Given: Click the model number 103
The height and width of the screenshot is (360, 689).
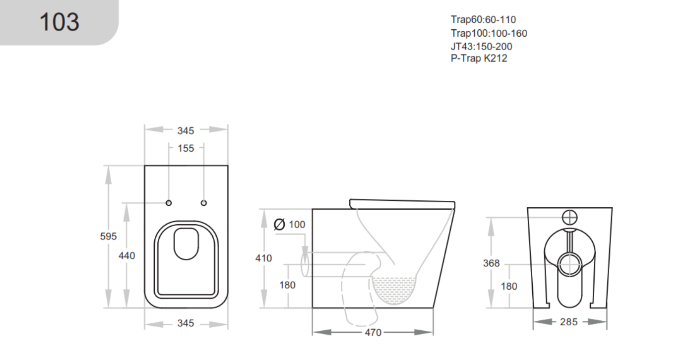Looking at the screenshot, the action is [60, 22].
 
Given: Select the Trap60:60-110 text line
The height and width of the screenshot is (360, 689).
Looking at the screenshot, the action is [483, 20].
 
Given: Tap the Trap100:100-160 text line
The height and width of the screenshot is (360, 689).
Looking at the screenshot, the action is [489, 33].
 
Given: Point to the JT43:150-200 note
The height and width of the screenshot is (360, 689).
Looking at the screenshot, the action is [481, 47].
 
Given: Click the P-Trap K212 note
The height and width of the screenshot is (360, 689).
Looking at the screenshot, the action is [479, 58].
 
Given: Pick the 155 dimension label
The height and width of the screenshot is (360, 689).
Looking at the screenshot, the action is [186, 148].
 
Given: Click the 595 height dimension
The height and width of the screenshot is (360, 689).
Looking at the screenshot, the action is [108, 236].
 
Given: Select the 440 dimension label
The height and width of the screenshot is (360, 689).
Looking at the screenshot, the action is [126, 255].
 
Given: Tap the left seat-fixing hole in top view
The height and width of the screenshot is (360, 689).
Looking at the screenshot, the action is [169, 203].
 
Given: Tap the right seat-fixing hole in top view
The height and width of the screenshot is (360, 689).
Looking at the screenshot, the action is [203, 203].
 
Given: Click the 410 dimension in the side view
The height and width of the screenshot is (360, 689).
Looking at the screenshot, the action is [263, 258].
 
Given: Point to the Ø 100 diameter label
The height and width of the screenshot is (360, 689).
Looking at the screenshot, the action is [290, 224].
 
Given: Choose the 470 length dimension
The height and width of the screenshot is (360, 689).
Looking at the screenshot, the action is [373, 332].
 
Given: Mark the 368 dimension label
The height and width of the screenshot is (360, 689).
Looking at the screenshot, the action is [491, 263].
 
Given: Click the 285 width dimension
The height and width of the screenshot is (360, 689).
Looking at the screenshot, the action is [569, 322].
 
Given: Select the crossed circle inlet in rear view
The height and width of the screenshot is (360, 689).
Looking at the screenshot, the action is [569, 218].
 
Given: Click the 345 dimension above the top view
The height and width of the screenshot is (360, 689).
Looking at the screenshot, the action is [186, 130].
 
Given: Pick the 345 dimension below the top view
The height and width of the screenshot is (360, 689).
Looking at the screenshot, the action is [186, 323].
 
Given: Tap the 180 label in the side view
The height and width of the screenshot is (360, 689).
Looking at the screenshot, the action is [287, 285].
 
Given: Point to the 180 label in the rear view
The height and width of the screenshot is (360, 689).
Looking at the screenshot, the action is [509, 286].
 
